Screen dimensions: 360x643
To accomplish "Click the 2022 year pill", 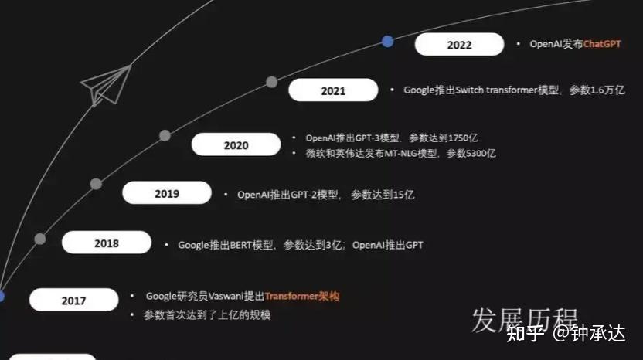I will [x=459, y=45].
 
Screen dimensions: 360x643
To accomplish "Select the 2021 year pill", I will [x=333, y=90].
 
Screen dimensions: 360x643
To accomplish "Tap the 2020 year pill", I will [x=236, y=144].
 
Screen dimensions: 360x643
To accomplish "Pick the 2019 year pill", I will [x=166, y=193].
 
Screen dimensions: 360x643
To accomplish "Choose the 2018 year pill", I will [x=106, y=243].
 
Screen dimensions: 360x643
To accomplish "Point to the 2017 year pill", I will [x=73, y=301].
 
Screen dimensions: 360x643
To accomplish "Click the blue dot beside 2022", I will [x=387, y=41].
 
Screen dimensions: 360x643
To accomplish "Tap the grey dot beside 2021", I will [x=271, y=82].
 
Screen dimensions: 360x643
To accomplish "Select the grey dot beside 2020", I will [x=165, y=135].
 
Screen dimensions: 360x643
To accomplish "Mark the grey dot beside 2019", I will [x=96, y=184].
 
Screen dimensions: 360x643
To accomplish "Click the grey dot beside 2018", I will [x=40, y=239].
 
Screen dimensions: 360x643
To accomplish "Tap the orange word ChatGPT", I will [x=602, y=44].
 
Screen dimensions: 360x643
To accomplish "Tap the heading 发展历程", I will [x=525, y=321].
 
